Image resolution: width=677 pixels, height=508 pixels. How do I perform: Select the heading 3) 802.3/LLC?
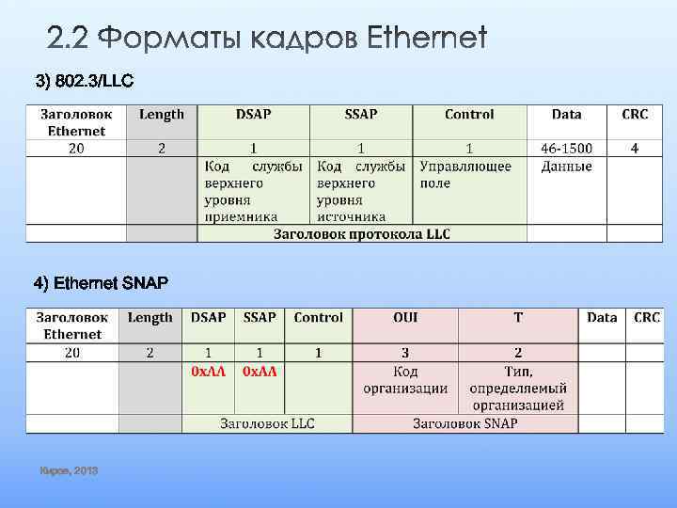click(85, 81)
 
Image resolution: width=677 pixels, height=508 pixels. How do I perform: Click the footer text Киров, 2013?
click(69, 469)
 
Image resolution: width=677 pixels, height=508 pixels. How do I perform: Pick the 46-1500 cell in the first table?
click(566, 148)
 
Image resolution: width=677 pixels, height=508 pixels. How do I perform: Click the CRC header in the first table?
click(635, 115)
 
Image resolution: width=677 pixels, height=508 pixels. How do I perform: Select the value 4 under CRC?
click(635, 148)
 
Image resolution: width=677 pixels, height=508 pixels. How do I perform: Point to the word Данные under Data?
click(566, 167)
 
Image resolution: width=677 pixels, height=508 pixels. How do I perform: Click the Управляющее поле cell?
click(465, 174)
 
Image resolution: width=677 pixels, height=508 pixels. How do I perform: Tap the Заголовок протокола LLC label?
click(361, 233)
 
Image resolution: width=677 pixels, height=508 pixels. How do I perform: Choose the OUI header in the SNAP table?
click(405, 318)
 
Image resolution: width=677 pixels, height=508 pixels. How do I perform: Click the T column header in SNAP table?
click(518, 318)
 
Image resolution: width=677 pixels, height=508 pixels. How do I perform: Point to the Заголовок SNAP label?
click(464, 423)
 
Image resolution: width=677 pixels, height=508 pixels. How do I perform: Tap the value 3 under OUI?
click(405, 353)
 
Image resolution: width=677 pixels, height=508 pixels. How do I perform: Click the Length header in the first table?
click(162, 115)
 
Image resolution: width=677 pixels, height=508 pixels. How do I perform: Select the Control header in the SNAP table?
click(318, 318)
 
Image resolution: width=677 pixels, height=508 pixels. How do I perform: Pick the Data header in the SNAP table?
click(602, 318)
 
